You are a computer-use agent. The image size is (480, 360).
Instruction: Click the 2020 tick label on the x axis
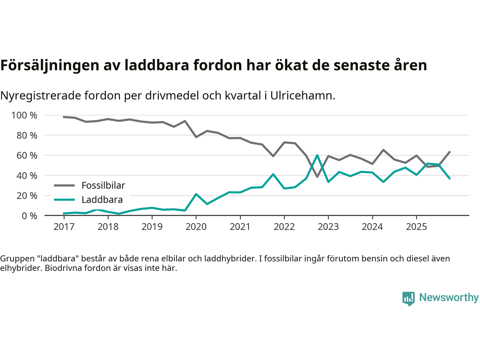coord(196,226)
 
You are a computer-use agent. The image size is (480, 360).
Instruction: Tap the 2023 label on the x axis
coord(328,226)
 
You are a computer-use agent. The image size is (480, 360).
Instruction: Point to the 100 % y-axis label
coord(24,115)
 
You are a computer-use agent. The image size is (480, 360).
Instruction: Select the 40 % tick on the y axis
coord(27,175)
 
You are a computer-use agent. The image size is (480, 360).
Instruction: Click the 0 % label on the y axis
coord(29,216)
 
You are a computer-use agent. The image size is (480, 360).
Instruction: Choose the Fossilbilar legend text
coord(103,185)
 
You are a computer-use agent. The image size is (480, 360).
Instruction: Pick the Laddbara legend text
coord(102,200)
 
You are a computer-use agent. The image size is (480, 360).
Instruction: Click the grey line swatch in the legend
coord(64,185)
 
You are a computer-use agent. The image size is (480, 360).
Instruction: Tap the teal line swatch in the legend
coord(64,200)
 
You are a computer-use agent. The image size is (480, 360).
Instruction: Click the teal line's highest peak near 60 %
coord(317,155)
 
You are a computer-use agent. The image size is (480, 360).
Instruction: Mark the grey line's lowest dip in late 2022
coord(317,177)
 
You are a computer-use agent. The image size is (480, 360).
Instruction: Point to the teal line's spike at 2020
coord(196,194)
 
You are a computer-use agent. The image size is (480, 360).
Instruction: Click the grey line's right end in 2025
coord(450,151)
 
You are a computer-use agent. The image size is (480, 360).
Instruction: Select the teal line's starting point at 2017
coord(64,213)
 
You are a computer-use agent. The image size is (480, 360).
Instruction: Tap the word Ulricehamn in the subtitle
coord(302,96)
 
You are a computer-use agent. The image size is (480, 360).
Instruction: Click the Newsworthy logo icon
coord(408,298)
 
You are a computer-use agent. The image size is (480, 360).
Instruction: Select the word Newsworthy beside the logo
coord(448,297)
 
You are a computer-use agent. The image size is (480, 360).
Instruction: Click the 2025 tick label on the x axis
coord(416,226)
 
